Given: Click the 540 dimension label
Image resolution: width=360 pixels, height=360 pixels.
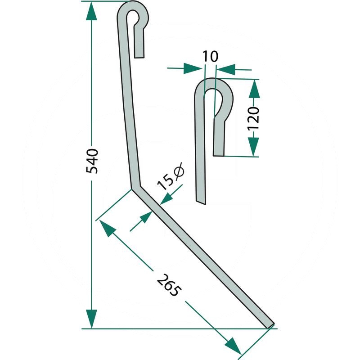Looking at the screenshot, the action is (x=92, y=161).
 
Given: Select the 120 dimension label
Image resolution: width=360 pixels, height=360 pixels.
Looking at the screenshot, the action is (x=253, y=118).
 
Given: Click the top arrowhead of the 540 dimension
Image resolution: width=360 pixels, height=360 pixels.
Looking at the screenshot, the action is (x=92, y=12).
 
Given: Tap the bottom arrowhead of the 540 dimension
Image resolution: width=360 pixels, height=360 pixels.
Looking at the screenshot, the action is (x=92, y=319).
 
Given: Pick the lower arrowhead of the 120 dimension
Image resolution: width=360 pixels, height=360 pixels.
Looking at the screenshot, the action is (x=253, y=147).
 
